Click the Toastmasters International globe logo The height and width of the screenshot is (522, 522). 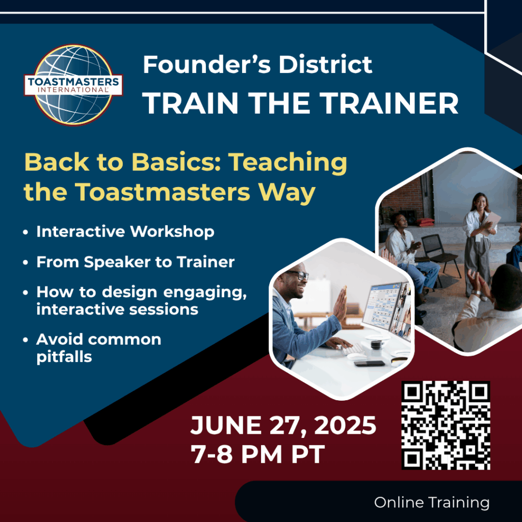pyautogui.click(x=73, y=85)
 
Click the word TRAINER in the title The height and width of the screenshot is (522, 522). pyautogui.click(x=388, y=103)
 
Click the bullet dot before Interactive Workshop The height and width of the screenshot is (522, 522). pyautogui.click(x=25, y=232)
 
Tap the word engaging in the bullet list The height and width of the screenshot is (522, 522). pyautogui.click(x=205, y=293)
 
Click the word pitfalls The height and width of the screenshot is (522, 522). pyautogui.click(x=64, y=356)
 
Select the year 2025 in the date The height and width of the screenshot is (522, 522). pyautogui.click(x=345, y=425)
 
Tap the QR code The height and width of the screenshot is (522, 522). pyautogui.click(x=446, y=425)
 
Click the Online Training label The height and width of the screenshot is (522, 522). pyautogui.click(x=432, y=502)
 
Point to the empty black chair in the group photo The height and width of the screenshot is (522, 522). pyautogui.click(x=440, y=253)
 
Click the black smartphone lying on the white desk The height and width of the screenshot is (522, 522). pyautogui.click(x=369, y=363)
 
